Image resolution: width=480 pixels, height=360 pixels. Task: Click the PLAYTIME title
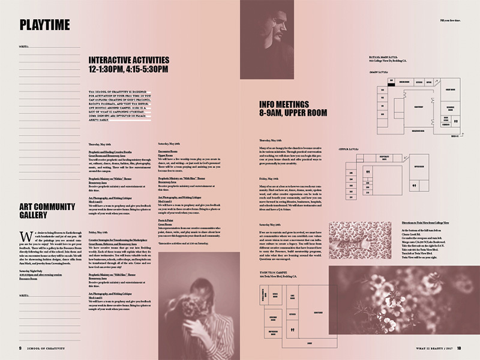click(45, 25)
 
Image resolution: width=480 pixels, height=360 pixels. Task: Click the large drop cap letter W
click(23, 235)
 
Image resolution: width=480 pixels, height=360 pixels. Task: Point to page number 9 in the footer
click(20, 348)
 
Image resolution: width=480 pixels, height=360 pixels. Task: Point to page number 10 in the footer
click(459, 348)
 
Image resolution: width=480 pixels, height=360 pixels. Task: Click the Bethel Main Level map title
click(389, 58)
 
